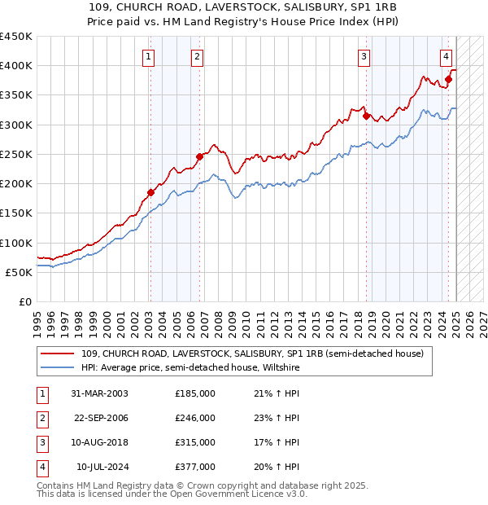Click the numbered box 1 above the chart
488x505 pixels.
click(150, 56)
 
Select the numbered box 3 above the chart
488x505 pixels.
click(364, 56)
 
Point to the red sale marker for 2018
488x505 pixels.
click(366, 116)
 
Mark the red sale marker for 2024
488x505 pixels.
click(448, 79)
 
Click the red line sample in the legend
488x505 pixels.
click(57, 353)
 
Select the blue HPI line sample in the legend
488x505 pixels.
click(57, 367)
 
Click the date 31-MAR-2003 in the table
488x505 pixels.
click(99, 393)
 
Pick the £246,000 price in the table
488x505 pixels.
click(195, 418)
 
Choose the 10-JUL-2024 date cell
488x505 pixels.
click(102, 467)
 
